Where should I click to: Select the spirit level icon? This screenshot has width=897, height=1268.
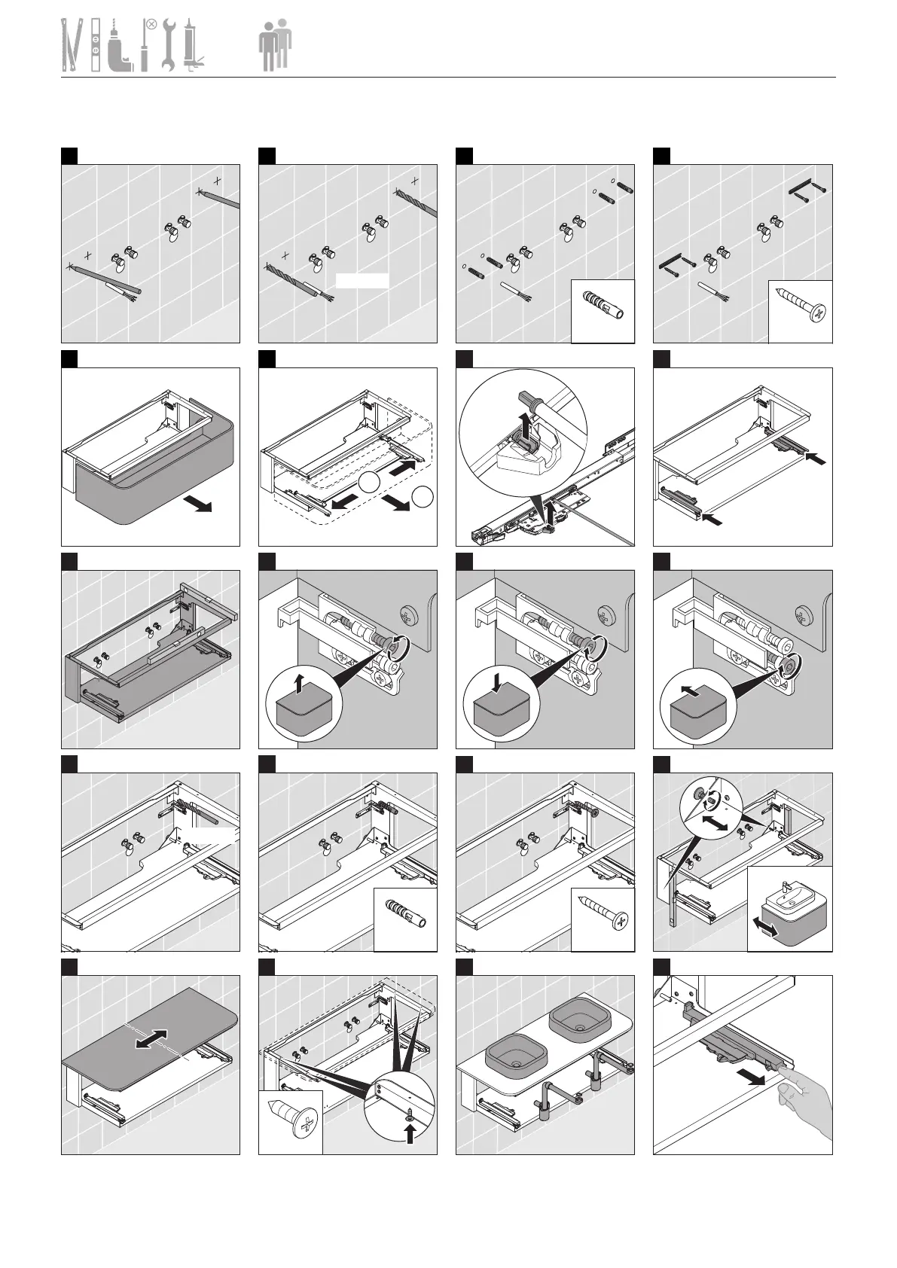point(96,46)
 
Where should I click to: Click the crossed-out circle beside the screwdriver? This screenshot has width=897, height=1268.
point(151,24)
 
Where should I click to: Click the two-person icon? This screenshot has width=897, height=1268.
point(274,46)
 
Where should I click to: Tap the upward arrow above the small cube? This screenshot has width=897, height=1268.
point(299,684)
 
